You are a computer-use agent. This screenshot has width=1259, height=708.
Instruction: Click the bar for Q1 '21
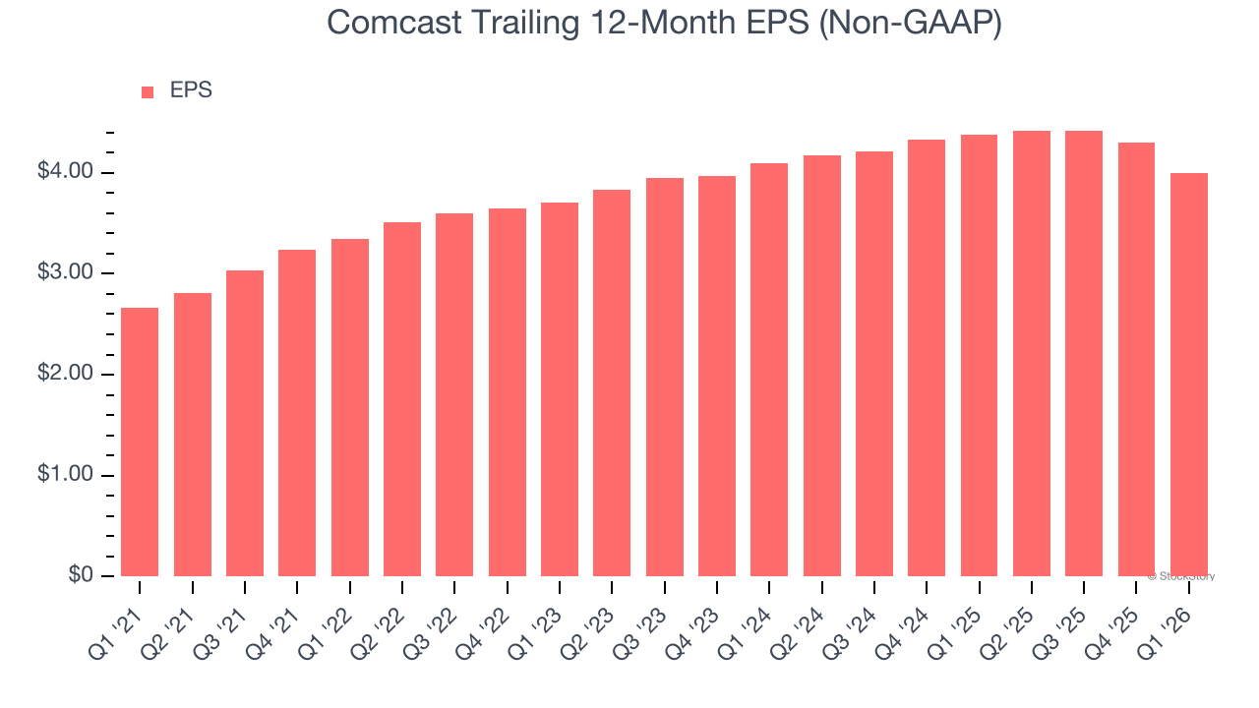click(x=140, y=442)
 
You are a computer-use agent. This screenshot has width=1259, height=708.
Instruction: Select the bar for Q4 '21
click(x=297, y=413)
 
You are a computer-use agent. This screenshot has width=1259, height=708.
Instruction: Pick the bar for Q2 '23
click(x=612, y=383)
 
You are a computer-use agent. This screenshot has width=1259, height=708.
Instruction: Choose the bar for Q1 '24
click(x=769, y=370)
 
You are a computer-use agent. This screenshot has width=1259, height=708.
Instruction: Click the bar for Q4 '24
click(x=927, y=358)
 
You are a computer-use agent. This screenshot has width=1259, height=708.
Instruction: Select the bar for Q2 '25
click(x=1031, y=354)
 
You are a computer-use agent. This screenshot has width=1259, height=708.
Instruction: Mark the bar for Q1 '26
click(x=1188, y=375)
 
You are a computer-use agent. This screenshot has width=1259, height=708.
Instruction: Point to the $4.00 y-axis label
click(x=67, y=172)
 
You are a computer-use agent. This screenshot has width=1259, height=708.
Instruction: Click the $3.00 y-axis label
click(x=67, y=273)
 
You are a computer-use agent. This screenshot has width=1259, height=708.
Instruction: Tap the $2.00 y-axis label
click(x=67, y=375)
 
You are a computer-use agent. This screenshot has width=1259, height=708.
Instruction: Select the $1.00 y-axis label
click(x=67, y=475)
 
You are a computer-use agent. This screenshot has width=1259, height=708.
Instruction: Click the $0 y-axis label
click(x=81, y=576)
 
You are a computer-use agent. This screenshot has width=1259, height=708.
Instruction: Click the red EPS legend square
click(x=148, y=92)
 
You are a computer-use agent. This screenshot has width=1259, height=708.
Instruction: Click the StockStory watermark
click(x=1181, y=576)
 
